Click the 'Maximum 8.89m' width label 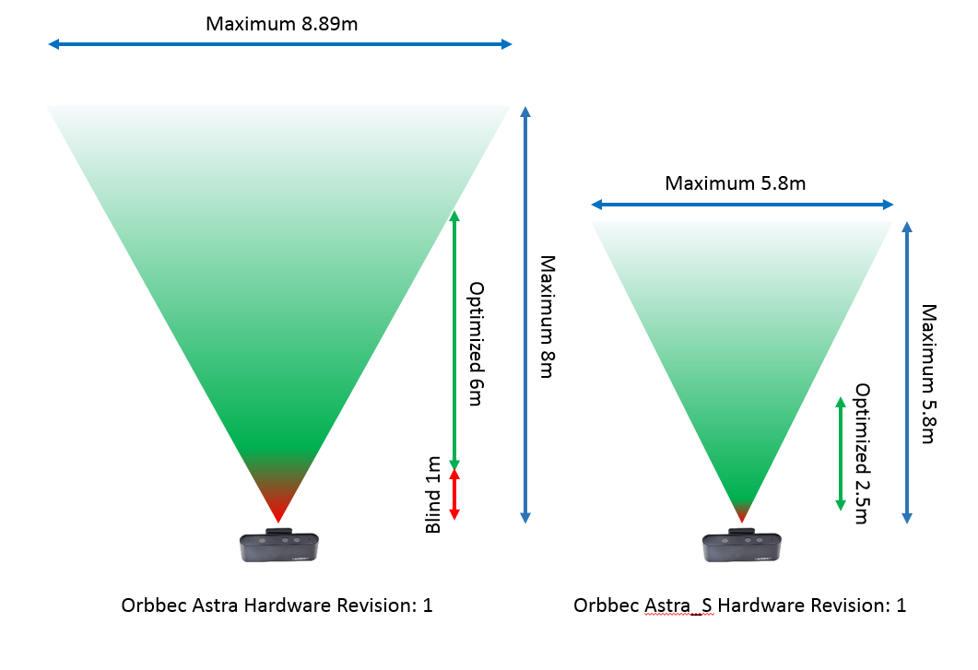coord(281,23)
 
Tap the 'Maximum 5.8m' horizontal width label coord(735,183)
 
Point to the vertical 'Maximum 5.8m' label coord(928,373)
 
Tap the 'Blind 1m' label coord(432,494)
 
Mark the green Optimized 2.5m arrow coord(840,453)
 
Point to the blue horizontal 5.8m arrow coord(742,204)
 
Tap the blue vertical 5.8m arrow coord(908,372)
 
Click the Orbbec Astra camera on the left coord(278,546)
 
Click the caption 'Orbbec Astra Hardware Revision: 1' coord(277,605)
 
